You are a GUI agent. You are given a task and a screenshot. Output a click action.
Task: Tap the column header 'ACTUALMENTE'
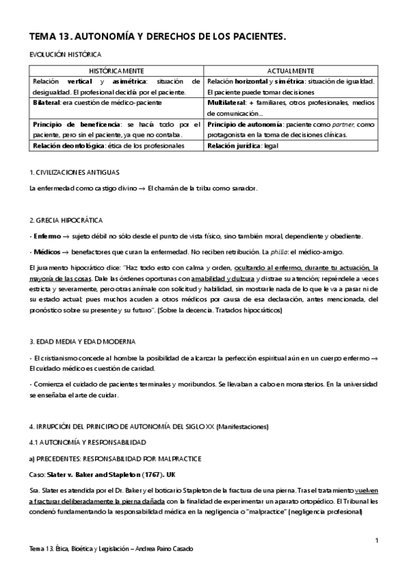pos(291,71)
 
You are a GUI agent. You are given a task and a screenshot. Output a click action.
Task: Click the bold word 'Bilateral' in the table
pos(49,103)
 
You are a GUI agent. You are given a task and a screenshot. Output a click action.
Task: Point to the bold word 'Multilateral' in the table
pos(228,103)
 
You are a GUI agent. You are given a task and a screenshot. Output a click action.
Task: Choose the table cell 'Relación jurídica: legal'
pos(243,146)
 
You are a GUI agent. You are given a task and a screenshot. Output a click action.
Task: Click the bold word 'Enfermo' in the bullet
pos(46,235)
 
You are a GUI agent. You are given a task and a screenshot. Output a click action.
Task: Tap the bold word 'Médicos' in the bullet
pos(46,251)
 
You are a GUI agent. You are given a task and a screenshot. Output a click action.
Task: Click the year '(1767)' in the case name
pos(160,474)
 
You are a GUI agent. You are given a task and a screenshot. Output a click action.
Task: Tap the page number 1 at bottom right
pos(376,540)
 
